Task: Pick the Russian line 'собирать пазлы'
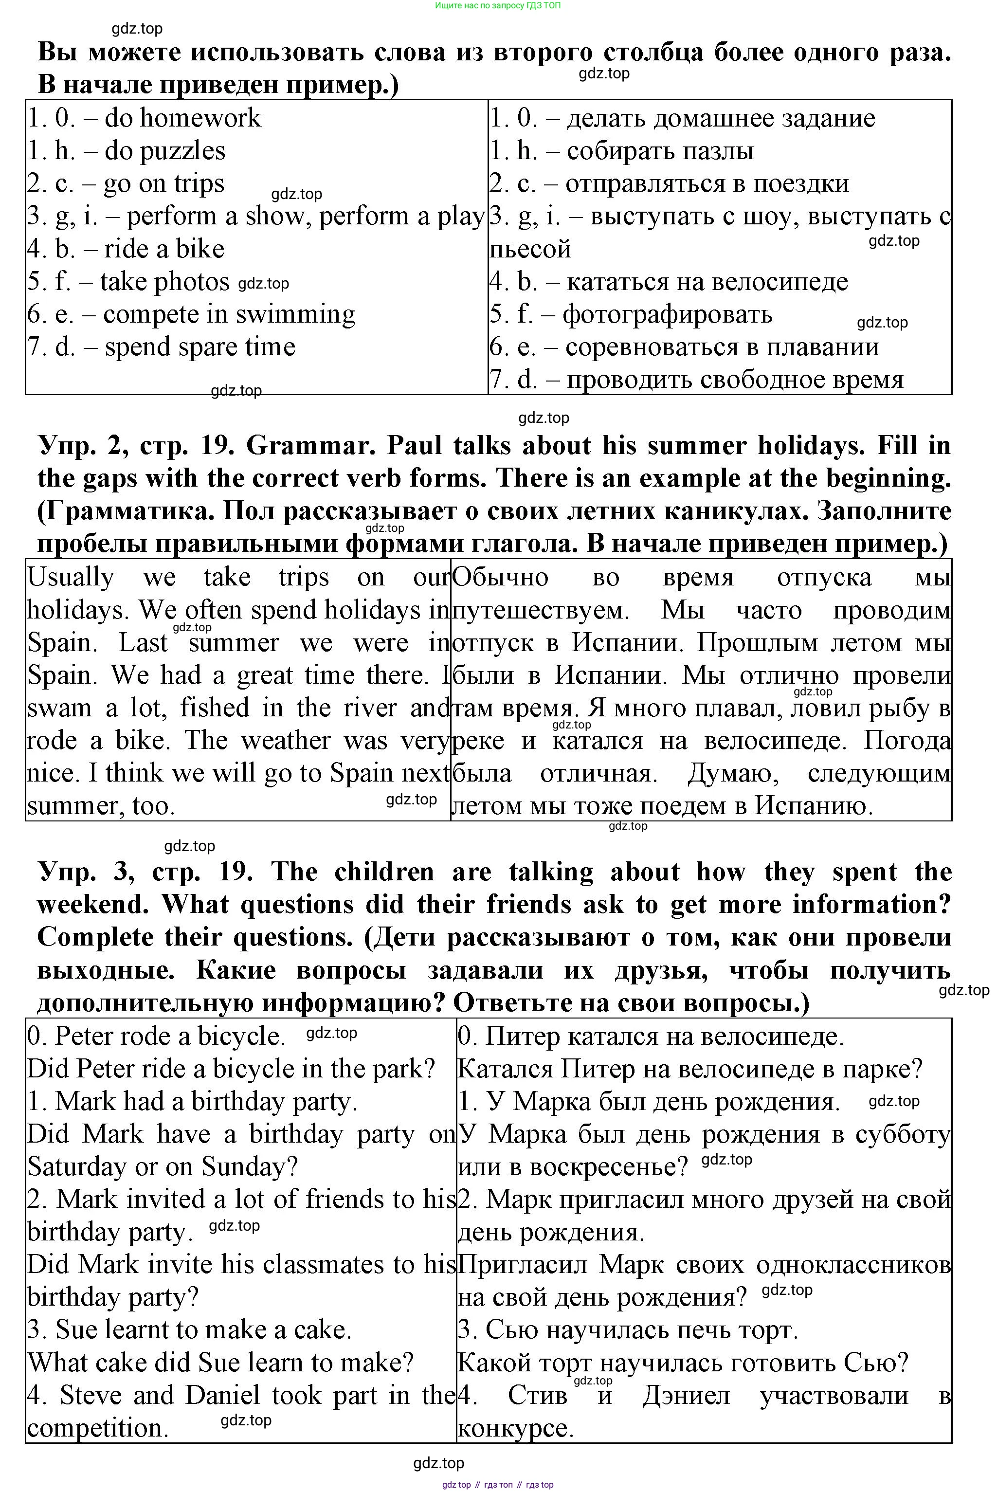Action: pos(660,151)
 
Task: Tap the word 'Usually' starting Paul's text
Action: pos(71,577)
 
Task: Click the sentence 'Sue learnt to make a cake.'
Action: pos(189,1330)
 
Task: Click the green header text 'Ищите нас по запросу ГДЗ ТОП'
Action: pos(498,5)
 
